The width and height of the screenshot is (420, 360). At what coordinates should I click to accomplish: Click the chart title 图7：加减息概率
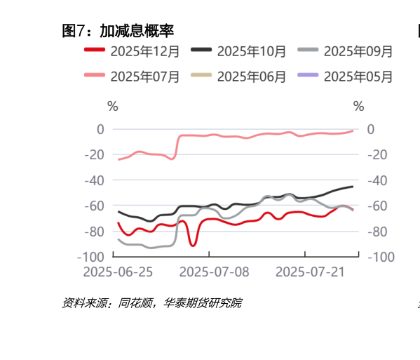pos(118,30)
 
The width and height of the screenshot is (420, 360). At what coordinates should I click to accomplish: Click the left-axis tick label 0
pos(100,129)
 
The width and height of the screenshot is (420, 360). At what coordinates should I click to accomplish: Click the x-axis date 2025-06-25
pos(118,272)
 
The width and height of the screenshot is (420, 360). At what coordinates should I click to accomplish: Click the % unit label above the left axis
pos(113,107)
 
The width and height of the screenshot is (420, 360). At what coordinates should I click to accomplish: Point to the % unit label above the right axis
pos(359,107)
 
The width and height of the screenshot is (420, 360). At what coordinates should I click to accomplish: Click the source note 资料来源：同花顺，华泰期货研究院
pos(151,303)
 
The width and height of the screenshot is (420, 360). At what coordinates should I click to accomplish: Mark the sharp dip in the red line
pos(193,244)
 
